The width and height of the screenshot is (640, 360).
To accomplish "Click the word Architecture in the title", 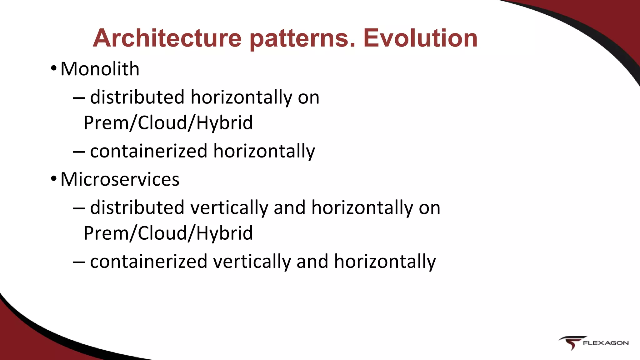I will point(167,38).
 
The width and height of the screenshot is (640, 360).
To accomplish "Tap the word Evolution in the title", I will point(420,38).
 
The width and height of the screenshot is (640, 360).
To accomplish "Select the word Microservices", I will point(120,179).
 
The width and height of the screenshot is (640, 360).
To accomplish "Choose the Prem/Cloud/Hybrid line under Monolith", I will point(168,122).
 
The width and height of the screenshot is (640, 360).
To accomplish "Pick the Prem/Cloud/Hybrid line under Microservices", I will point(168,233).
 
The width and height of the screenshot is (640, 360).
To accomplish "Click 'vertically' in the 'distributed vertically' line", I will point(229,208).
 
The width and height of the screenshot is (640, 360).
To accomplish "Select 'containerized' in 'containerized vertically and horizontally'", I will point(148,262).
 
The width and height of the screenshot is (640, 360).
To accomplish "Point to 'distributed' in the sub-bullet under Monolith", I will point(137,97).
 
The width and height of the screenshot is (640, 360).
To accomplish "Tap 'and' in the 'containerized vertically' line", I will point(312,262).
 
